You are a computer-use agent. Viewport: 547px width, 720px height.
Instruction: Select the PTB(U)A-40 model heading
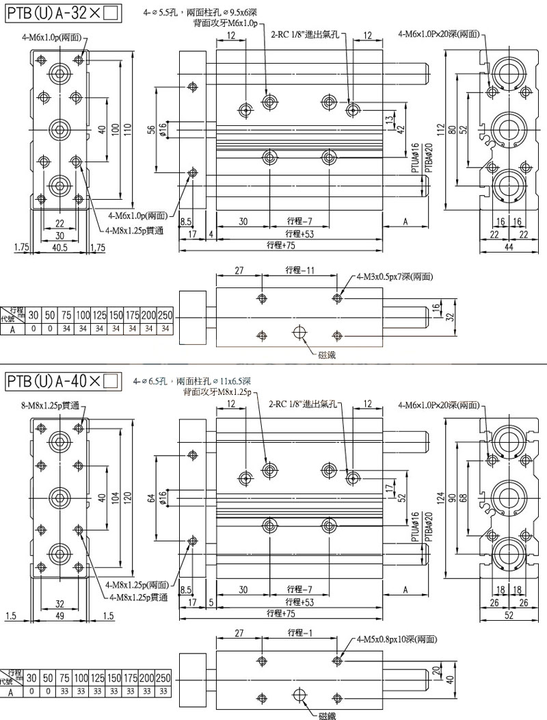click(62, 380)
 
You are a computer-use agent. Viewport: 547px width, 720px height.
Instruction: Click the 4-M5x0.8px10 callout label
click(397, 639)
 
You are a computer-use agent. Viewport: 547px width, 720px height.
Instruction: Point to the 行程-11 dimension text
click(300, 270)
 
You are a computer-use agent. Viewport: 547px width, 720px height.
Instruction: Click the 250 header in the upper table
click(164, 316)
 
